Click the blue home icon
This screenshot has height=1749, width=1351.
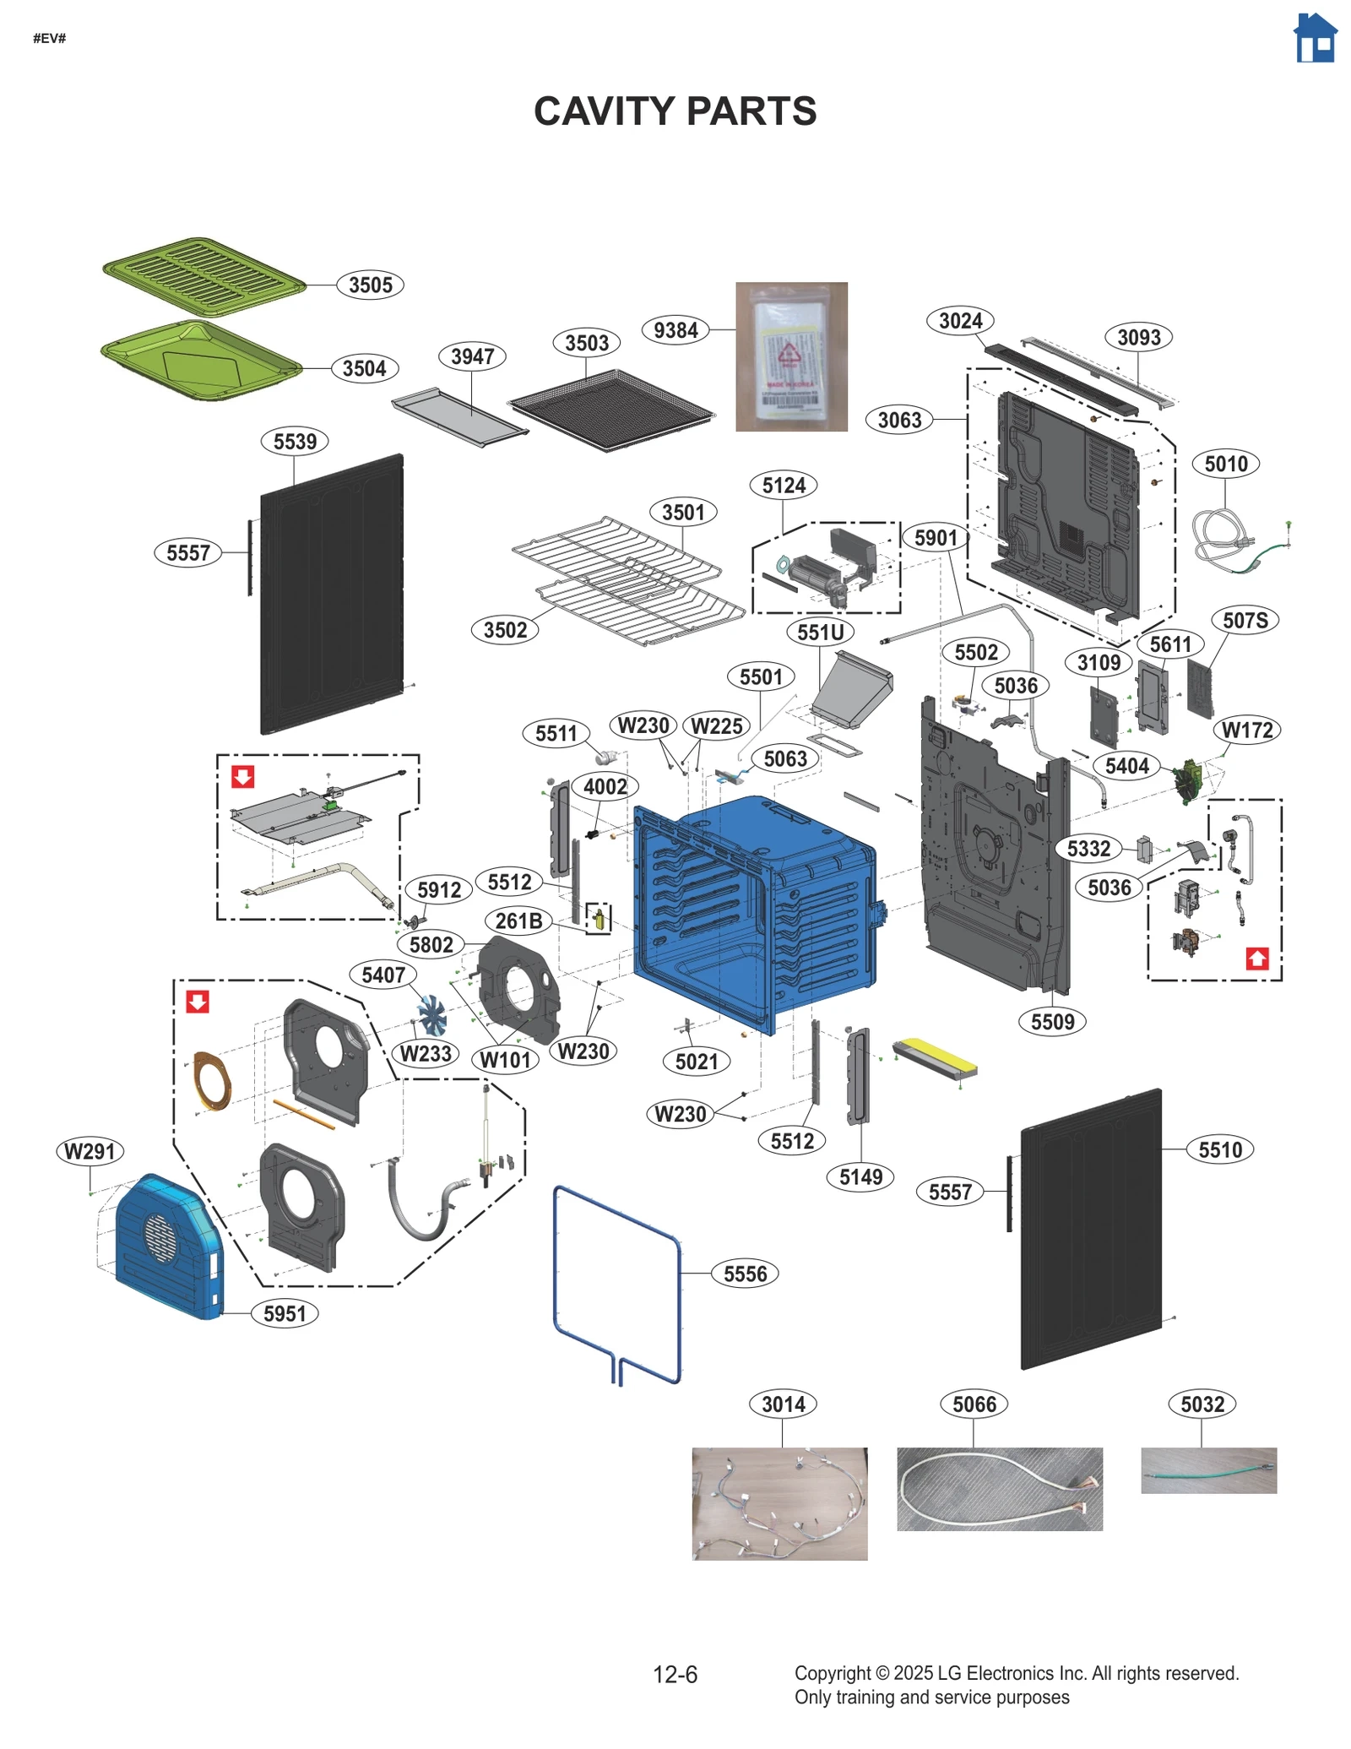1315,38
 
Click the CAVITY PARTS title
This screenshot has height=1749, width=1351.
675,111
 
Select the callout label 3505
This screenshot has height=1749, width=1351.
370,285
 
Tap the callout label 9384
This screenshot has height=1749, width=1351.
675,330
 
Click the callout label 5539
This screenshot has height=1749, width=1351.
295,441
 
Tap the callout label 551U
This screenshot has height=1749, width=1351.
820,632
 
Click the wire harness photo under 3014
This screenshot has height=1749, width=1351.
779,1503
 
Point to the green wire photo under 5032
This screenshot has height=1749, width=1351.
1207,1470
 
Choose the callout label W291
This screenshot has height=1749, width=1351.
90,1151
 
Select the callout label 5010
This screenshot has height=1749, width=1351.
1225,464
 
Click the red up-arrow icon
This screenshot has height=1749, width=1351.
1256,959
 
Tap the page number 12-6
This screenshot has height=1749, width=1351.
675,1674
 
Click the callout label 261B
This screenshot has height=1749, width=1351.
518,921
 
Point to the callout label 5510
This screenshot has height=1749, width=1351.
1219,1149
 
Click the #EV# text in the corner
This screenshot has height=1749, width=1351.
49,39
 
